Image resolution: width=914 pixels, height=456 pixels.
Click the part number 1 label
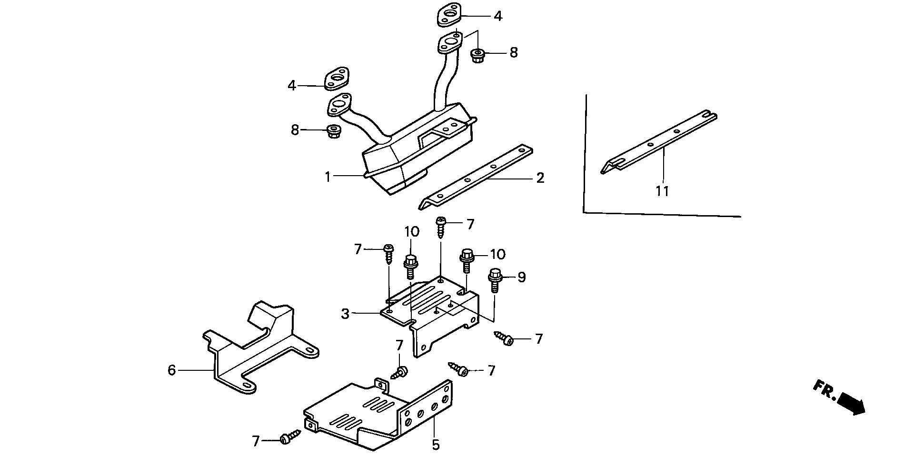328,177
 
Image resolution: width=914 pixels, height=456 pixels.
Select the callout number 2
539,178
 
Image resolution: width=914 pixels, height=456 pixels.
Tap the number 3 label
345,314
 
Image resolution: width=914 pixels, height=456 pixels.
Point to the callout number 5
436,445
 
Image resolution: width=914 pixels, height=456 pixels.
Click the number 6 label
172,370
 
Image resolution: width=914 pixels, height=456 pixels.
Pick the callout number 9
522,277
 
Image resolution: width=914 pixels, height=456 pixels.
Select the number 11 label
662,191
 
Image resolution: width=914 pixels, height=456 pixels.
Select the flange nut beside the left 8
333,130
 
